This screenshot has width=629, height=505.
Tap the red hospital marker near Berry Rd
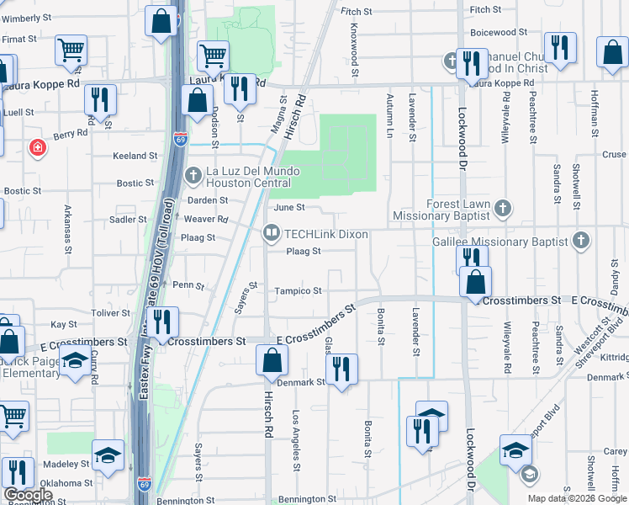(37, 148)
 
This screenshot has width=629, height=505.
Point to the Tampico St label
(299, 291)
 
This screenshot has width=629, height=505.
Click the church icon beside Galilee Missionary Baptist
(580, 242)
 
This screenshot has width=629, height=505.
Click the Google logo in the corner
(27, 495)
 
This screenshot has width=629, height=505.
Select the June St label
(288, 207)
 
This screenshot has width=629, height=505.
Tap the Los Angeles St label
(296, 440)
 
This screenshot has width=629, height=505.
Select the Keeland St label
(135, 156)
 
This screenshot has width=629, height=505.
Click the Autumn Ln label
(389, 115)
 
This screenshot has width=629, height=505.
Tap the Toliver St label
(110, 312)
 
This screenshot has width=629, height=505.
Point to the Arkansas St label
(66, 227)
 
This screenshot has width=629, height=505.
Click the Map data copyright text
(577, 498)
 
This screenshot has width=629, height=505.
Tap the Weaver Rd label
(210, 219)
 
